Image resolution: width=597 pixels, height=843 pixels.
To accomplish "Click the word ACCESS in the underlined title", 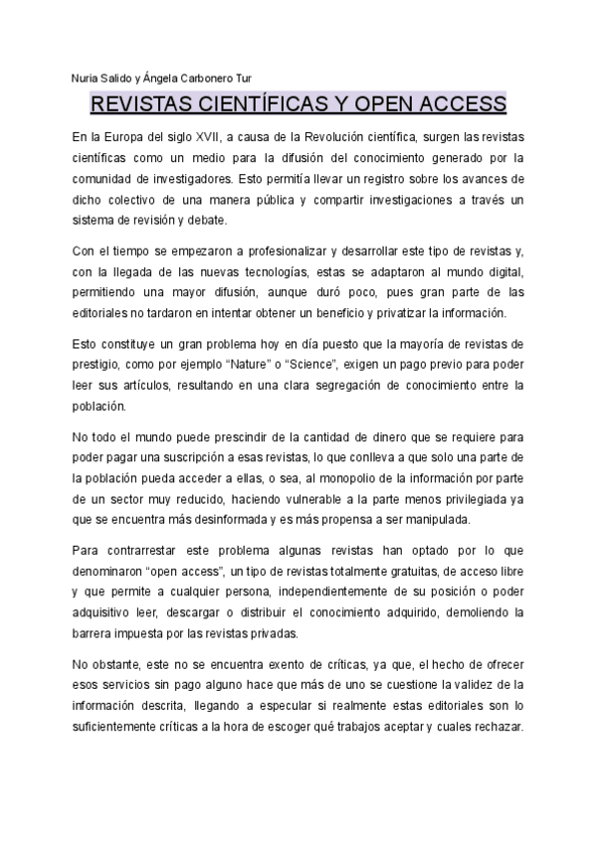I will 459,104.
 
